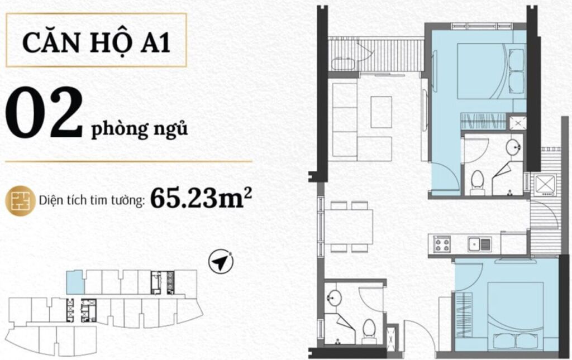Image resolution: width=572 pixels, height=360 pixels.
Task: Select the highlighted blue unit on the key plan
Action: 74,282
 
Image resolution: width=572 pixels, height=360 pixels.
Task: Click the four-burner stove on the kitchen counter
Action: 443,244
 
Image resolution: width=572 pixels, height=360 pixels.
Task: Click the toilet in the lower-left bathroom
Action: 369,330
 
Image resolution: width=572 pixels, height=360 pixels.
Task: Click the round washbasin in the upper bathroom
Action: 513,148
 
